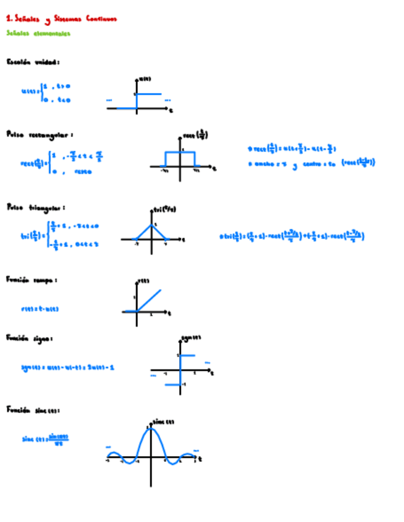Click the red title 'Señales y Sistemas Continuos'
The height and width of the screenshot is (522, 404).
click(60, 19)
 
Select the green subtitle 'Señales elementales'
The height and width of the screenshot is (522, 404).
click(38, 33)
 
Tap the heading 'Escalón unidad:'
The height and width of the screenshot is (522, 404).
click(33, 62)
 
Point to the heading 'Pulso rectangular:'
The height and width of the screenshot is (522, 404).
click(40, 134)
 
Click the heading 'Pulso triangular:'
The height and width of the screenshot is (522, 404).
click(36, 208)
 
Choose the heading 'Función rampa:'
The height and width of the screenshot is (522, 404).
click(32, 279)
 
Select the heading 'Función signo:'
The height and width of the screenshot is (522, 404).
click(30, 338)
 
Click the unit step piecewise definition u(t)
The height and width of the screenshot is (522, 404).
click(47, 93)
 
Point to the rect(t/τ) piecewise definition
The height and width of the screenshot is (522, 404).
click(61, 164)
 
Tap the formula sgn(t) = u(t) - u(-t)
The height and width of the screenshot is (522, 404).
click(68, 367)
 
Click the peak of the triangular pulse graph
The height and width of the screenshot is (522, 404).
click(151, 225)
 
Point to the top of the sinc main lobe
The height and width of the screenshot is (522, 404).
click(151, 428)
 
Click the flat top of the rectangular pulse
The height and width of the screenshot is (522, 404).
click(180, 152)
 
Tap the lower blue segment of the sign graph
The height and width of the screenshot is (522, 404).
click(173, 385)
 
